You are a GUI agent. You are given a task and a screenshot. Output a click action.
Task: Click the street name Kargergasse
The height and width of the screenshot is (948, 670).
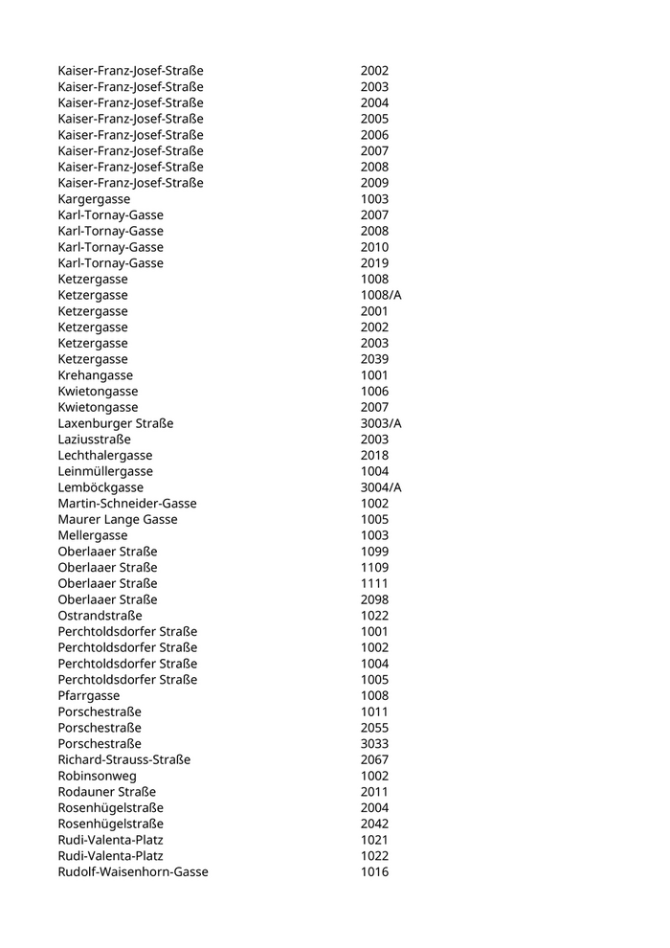pyautogui.click(x=94, y=199)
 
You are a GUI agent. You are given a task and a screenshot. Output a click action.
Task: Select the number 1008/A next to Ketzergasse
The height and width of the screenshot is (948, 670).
pyautogui.click(x=380, y=295)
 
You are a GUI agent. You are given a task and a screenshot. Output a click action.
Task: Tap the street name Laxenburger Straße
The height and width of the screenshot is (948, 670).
pyautogui.click(x=115, y=423)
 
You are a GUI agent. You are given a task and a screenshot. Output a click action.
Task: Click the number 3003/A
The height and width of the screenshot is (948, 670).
pyautogui.click(x=380, y=423)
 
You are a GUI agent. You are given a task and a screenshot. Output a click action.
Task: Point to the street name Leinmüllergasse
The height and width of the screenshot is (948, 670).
pyautogui.click(x=104, y=471)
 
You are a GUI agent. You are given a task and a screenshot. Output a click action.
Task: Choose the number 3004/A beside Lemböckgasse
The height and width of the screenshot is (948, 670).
pyautogui.click(x=380, y=487)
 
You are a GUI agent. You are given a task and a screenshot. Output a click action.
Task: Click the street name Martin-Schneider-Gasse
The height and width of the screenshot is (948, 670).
pyautogui.click(x=126, y=504)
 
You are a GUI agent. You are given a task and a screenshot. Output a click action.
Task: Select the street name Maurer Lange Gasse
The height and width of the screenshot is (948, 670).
pyautogui.click(x=117, y=519)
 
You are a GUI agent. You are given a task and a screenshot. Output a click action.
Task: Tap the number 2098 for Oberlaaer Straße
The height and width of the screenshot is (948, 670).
pyautogui.click(x=374, y=599)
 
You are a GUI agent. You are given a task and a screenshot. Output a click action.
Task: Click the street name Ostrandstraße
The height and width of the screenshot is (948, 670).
pyautogui.click(x=100, y=616)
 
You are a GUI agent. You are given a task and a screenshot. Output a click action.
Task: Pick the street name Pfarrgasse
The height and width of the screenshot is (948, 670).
pyautogui.click(x=88, y=695)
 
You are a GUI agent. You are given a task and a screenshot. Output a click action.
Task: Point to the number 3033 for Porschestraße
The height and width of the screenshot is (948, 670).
pyautogui.click(x=374, y=743)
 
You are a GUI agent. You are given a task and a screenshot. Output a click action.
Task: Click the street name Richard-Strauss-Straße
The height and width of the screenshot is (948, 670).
pyautogui.click(x=123, y=759)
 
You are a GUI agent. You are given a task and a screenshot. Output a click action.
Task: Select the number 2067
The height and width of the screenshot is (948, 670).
pyautogui.click(x=374, y=759)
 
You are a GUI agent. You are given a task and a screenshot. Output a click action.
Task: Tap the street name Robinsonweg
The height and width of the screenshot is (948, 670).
pyautogui.click(x=97, y=776)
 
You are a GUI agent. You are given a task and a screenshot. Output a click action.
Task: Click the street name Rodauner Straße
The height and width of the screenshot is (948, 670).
pyautogui.click(x=106, y=792)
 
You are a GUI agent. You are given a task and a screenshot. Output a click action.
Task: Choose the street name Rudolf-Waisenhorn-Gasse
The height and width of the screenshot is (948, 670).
pyautogui.click(x=132, y=871)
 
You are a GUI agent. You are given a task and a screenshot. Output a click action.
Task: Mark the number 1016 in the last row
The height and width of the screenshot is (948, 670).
pyautogui.click(x=374, y=871)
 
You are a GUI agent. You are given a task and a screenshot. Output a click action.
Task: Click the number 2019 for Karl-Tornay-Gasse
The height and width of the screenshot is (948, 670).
pyautogui.click(x=374, y=263)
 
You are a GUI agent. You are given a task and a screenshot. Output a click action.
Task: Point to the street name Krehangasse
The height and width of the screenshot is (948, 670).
pyautogui.click(x=95, y=375)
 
